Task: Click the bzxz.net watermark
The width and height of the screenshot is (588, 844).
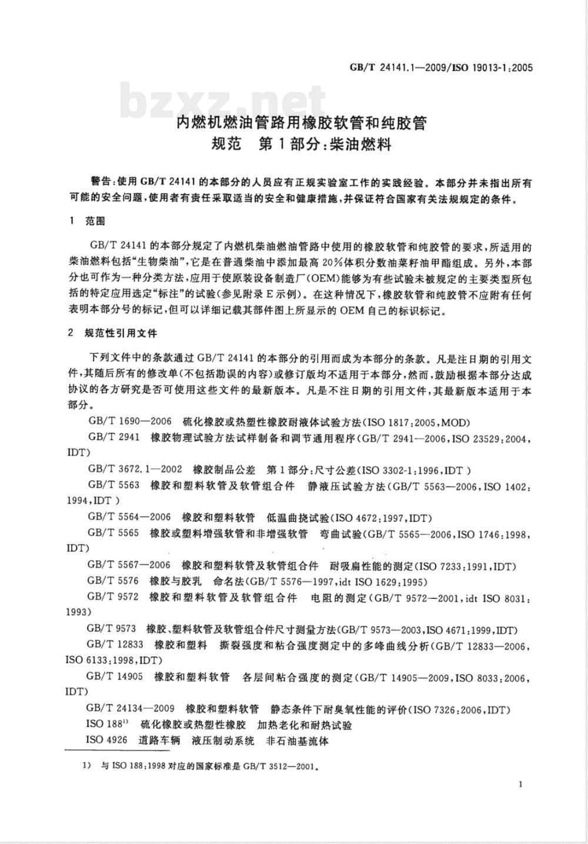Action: coord(223,102)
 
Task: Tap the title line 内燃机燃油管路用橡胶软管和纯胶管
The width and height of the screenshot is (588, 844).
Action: coord(302,123)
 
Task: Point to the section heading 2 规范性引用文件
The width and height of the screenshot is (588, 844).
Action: coord(113,333)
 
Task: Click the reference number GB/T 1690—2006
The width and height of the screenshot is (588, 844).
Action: coord(129,421)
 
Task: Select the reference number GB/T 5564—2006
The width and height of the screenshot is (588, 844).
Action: coord(129,518)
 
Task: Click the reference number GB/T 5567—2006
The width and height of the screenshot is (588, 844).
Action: coord(129,566)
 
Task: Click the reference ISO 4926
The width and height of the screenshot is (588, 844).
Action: coord(106,741)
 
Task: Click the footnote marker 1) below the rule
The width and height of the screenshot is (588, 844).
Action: coord(86,766)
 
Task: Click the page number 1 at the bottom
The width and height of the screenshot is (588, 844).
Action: coord(521,783)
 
